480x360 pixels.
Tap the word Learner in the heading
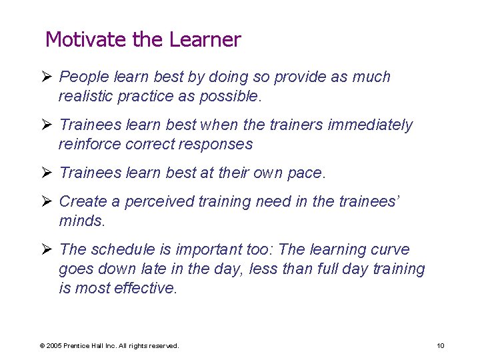tap(205, 40)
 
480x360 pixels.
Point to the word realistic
tap(86, 96)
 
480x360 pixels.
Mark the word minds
tap(81, 220)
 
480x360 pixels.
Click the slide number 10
tap(440, 345)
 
